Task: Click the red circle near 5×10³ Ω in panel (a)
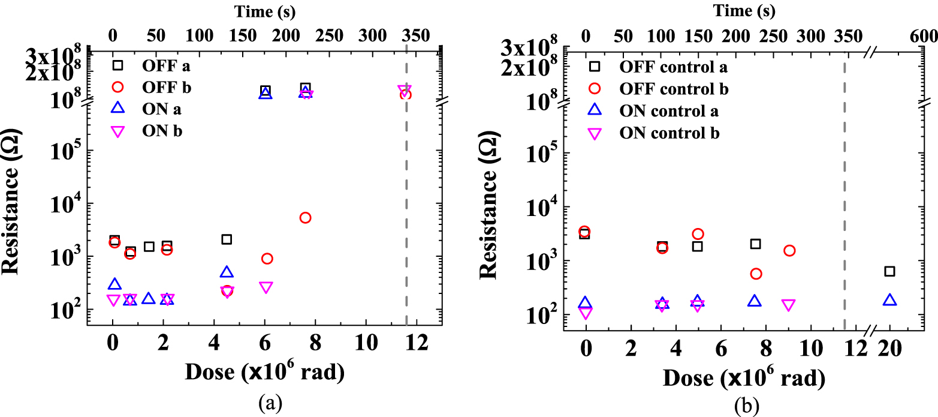click(x=305, y=217)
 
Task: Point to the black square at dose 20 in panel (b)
click(x=889, y=271)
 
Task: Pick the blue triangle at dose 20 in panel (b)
click(x=889, y=299)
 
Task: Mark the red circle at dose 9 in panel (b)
click(x=789, y=250)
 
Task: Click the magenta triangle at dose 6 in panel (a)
click(x=267, y=287)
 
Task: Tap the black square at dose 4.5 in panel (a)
click(x=227, y=239)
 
